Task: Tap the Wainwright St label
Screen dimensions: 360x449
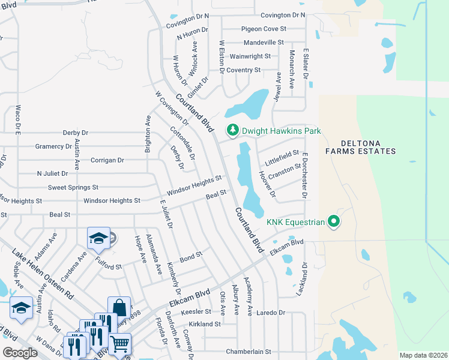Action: [x=251, y=56]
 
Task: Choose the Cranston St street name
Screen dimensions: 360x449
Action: [x=285, y=172]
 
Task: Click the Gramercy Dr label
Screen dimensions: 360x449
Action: [x=53, y=146]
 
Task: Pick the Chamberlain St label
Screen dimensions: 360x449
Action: [x=249, y=352]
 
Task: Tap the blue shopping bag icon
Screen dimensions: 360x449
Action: [x=119, y=307]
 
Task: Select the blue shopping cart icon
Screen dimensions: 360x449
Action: [x=120, y=343]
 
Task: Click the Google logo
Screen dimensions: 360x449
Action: [x=20, y=353]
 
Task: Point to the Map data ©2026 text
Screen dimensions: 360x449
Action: [x=423, y=355]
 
